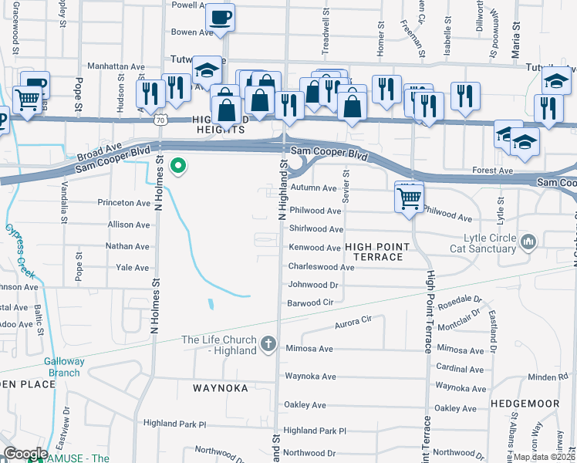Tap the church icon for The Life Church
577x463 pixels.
click(x=268, y=343)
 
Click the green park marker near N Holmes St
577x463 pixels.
click(x=179, y=166)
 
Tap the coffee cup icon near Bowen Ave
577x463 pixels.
click(x=221, y=16)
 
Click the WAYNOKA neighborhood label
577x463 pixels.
click(x=223, y=388)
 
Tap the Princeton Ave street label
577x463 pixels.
click(x=123, y=203)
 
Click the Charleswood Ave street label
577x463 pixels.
click(x=321, y=267)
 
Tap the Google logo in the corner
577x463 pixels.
click(x=25, y=453)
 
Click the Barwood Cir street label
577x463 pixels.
click(x=310, y=302)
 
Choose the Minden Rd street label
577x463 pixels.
click(x=548, y=377)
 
